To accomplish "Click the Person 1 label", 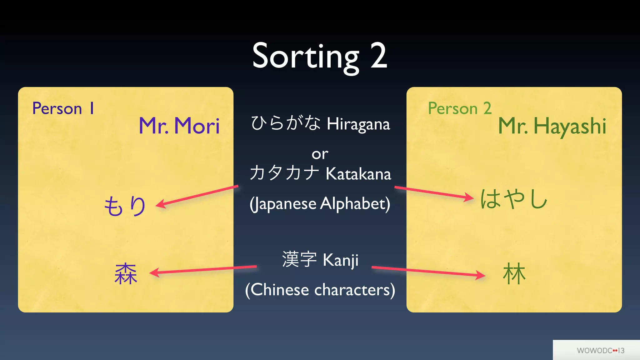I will [x=63, y=108].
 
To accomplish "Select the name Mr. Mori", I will [x=179, y=126].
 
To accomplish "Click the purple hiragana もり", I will [x=125, y=206].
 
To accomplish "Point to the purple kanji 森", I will [x=126, y=274].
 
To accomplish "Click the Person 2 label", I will [x=460, y=108].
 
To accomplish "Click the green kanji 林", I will [x=514, y=274].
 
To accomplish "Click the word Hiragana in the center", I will [x=358, y=124].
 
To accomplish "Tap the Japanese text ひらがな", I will [x=286, y=123].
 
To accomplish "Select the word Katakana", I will [x=358, y=174].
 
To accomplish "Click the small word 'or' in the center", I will [x=320, y=154].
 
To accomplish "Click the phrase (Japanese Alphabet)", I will [x=320, y=204].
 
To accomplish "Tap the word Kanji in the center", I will [x=340, y=260].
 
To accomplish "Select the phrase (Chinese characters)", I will [x=320, y=290].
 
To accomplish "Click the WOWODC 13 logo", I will [x=600, y=350].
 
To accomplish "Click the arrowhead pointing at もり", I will [x=160, y=204].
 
